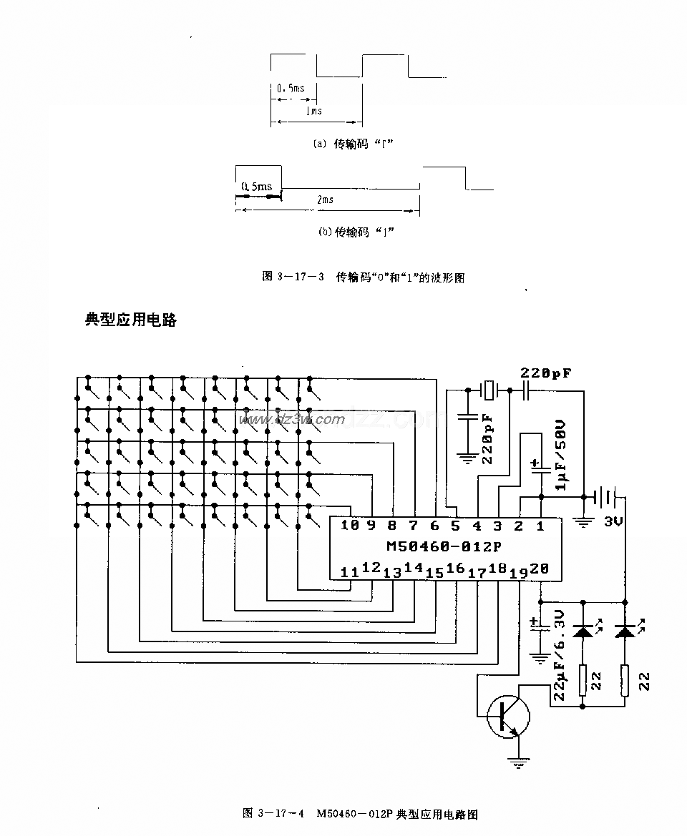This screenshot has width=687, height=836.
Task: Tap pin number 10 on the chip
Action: [349, 526]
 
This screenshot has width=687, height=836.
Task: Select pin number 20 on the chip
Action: [540, 569]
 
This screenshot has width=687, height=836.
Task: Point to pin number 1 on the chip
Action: [540, 526]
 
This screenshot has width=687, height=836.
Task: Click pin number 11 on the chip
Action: [349, 572]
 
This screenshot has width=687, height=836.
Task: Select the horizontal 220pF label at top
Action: [545, 373]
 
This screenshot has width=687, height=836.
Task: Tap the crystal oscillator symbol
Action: [488, 390]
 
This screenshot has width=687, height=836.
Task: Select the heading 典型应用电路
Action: [130, 320]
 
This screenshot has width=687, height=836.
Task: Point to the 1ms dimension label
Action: [313, 111]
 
